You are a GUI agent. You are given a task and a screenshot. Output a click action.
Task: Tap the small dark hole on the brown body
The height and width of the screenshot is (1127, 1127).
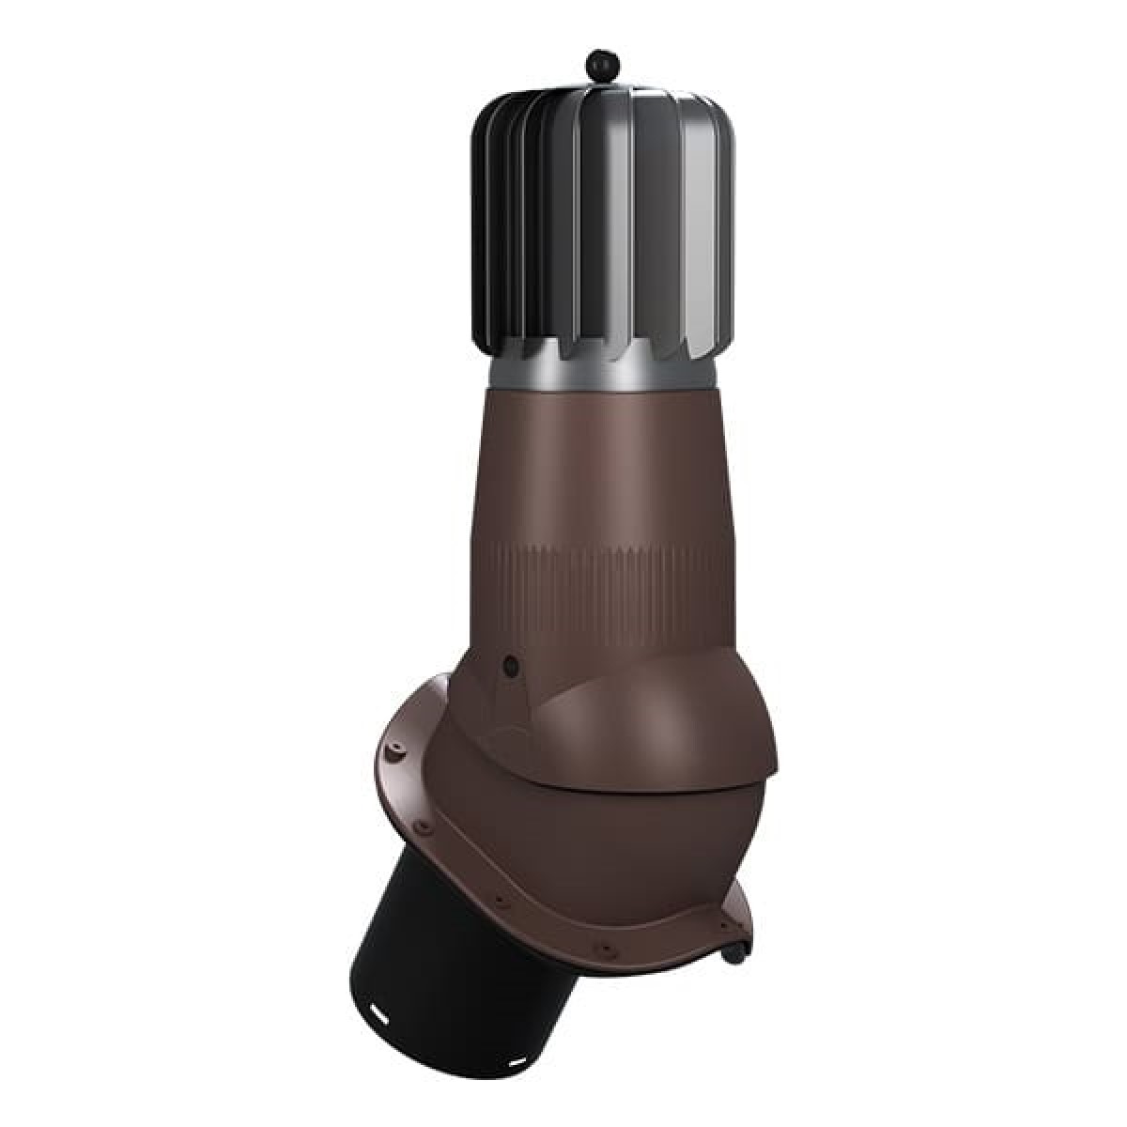coord(510,665)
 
